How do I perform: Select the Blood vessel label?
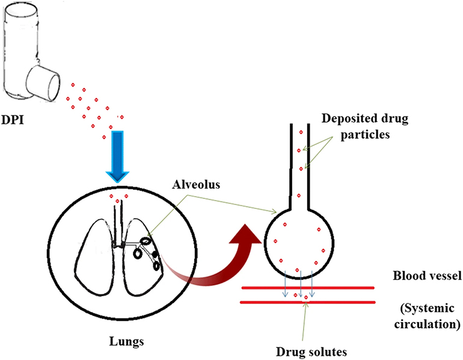[426, 278]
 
